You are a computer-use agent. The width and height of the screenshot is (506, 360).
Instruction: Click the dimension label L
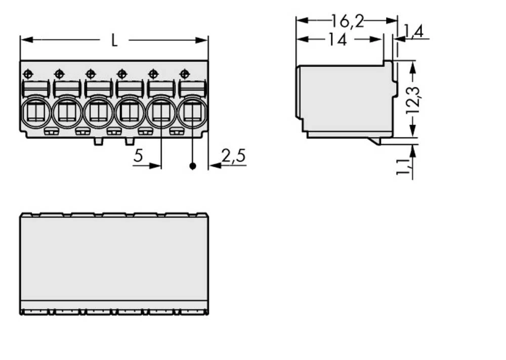coord(114,40)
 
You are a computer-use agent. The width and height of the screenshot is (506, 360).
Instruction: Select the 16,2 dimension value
coord(347,21)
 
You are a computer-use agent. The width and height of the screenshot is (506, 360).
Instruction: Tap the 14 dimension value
coord(337,39)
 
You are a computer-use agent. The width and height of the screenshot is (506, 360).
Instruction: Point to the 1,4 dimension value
coord(413,32)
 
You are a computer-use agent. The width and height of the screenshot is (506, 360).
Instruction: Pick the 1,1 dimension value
coord(404,167)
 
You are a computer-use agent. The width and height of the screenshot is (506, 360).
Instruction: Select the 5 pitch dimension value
coord(138,156)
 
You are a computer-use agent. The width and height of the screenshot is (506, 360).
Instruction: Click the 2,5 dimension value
coord(233,156)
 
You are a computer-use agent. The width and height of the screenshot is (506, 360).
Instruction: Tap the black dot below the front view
coord(192,166)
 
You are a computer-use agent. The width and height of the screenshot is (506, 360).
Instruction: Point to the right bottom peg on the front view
coord(130,141)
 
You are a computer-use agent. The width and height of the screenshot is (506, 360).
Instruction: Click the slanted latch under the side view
coord(374,141)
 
